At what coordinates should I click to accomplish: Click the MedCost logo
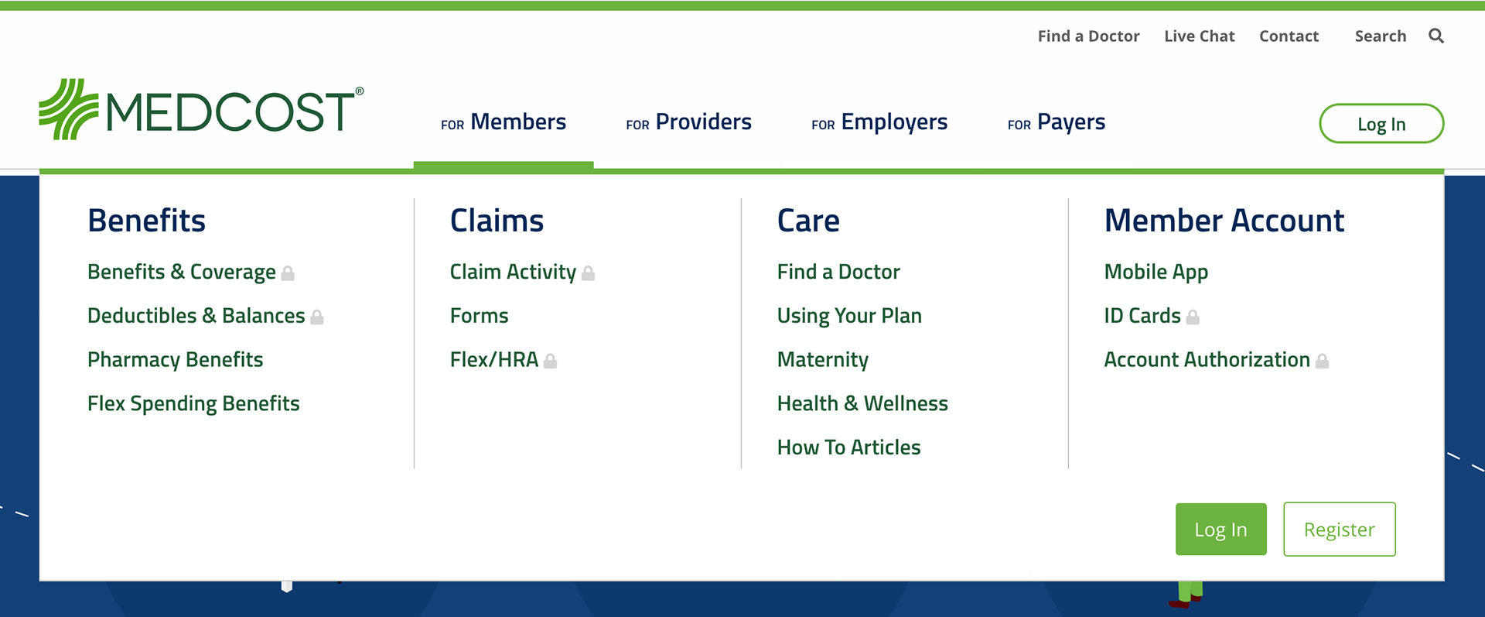[201, 109]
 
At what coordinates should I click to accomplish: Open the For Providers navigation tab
[688, 122]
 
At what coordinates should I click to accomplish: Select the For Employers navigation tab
[879, 122]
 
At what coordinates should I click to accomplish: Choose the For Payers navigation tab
[1057, 122]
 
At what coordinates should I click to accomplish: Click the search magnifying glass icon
[1436, 36]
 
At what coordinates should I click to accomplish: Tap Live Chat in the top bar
[1200, 36]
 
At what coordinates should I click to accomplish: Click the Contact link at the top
[1289, 36]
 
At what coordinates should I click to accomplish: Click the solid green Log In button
[1220, 530]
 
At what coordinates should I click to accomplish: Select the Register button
[1340, 530]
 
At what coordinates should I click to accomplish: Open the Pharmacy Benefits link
[176, 360]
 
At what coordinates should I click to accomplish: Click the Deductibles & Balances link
[196, 316]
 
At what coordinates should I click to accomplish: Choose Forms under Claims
[480, 316]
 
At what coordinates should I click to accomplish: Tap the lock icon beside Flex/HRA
[550, 361]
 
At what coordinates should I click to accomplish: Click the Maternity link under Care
[823, 360]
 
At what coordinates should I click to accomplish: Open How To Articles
[849, 447]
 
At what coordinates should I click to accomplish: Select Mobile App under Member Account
[1156, 273]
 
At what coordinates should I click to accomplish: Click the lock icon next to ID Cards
[1193, 317]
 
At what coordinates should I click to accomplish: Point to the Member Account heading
[1224, 221]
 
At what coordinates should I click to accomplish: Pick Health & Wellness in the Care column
[862, 403]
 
